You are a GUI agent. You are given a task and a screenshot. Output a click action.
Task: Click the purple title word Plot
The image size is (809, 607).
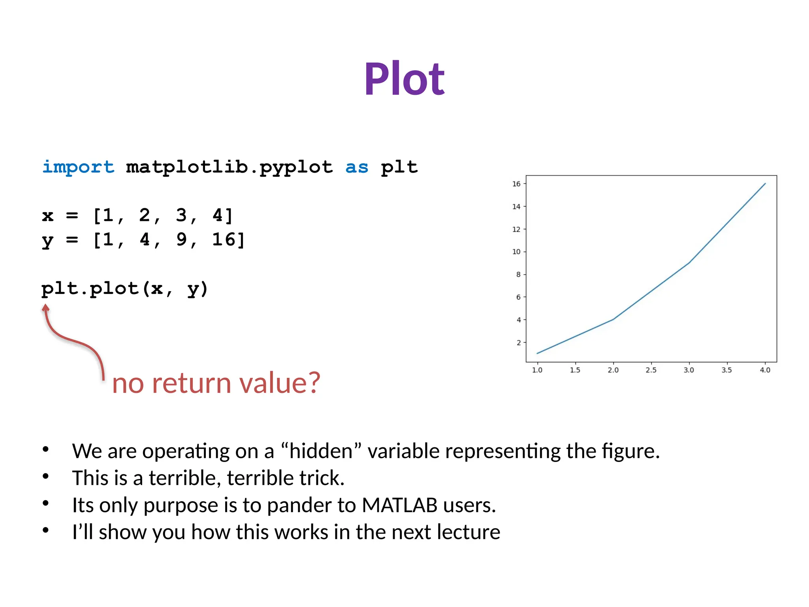point(404,79)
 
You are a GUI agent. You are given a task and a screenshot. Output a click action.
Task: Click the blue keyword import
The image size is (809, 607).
point(78,167)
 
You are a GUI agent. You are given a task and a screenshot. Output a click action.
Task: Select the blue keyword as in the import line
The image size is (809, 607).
point(356,167)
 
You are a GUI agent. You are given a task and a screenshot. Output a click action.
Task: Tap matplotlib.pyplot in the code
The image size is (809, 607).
point(229,167)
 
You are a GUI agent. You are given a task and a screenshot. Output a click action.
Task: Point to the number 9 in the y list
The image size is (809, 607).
point(181,239)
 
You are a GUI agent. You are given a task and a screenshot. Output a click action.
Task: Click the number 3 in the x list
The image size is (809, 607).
point(181,215)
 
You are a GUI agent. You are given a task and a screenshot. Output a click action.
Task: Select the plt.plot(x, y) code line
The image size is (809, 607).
point(124,288)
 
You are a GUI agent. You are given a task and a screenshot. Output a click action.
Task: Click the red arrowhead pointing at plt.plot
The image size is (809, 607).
point(46,308)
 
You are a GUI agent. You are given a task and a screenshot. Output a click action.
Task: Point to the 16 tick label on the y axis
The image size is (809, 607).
point(516,184)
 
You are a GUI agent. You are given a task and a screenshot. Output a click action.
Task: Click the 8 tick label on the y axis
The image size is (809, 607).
point(518,274)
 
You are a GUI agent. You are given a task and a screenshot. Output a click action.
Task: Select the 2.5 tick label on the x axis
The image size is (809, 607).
point(651,370)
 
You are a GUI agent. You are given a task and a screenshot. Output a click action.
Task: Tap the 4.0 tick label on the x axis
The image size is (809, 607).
point(765,370)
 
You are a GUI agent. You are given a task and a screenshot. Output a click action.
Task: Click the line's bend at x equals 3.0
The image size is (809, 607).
point(689,263)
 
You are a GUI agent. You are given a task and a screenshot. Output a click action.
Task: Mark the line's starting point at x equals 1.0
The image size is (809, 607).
point(537,353)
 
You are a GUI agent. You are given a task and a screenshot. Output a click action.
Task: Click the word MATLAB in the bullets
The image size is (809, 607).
point(399,505)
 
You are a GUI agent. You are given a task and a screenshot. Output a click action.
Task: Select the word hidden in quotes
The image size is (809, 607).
point(321,451)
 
